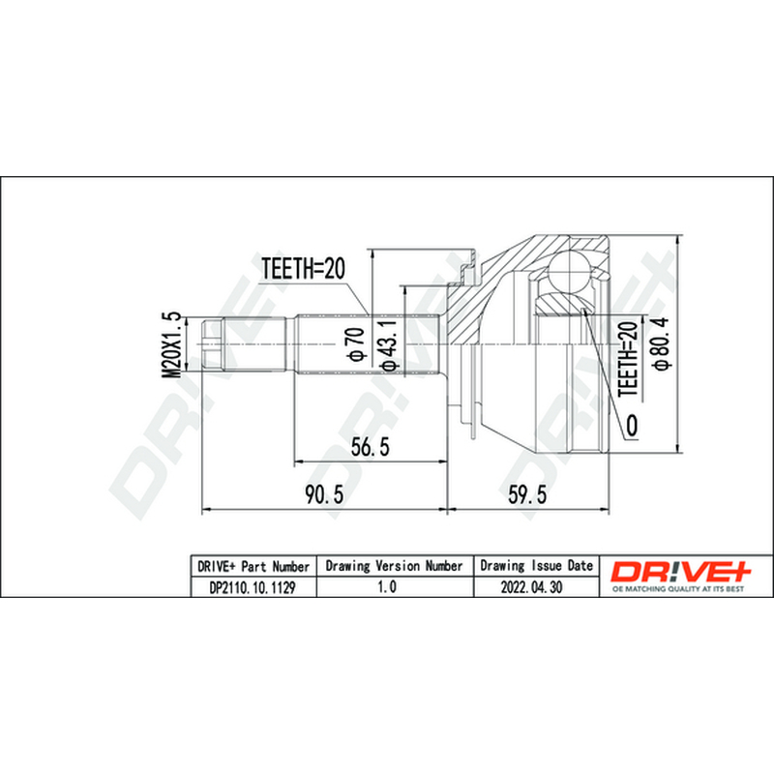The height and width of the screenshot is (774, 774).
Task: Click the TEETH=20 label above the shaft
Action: [x=303, y=269]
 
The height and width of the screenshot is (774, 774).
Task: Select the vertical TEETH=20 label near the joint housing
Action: [x=628, y=358]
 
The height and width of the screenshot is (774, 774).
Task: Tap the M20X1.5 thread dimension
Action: [x=172, y=345]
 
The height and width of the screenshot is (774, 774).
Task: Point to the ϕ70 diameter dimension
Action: [x=356, y=343]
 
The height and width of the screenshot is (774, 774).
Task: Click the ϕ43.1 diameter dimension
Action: [x=389, y=344]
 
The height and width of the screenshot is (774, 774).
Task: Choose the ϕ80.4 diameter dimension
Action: [x=660, y=343]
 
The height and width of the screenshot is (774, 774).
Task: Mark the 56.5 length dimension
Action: [x=371, y=447]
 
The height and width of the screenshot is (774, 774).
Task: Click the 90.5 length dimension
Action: [x=324, y=494]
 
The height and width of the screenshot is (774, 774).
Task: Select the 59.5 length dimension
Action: [x=527, y=494]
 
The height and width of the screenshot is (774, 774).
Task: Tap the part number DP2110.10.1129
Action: [x=253, y=587]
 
